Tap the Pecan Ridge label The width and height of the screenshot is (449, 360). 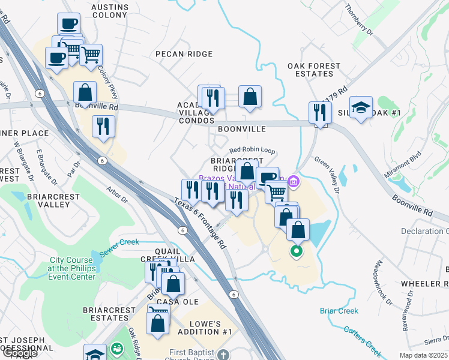175,54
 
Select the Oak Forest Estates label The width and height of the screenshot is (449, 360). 313,70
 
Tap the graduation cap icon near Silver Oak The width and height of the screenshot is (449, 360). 360,107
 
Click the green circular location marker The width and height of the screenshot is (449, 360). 296,251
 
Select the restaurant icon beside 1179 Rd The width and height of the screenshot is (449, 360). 320,112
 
